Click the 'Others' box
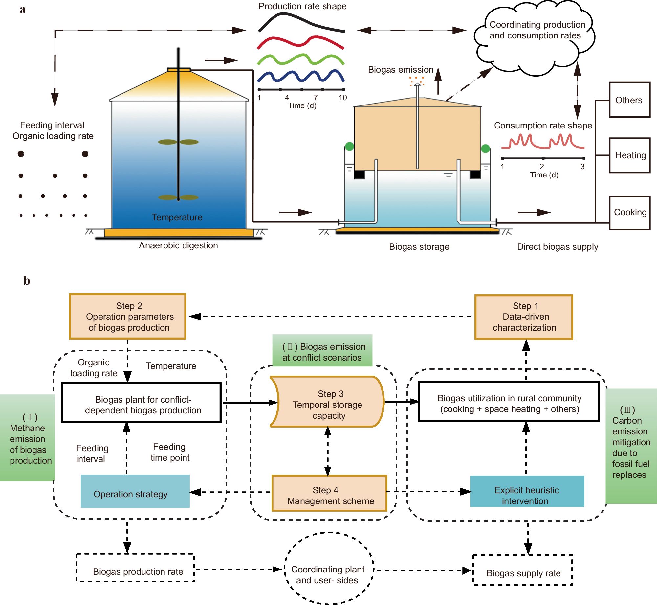[x=629, y=100]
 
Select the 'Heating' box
[x=629, y=155]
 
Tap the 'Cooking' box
[x=629, y=213]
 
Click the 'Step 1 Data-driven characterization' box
[x=524, y=317]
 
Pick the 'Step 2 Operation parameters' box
[x=128, y=316]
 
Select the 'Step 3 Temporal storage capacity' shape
[x=327, y=402]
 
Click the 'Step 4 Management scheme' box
[x=329, y=493]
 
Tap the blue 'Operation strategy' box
[x=135, y=491]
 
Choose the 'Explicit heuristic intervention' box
[x=527, y=491]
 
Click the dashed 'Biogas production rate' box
[x=135, y=568]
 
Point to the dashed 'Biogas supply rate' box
[x=523, y=570]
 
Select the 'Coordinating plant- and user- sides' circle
[x=329, y=568]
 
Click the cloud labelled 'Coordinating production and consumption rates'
[x=535, y=38]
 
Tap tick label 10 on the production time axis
[x=343, y=98]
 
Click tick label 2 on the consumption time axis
[x=542, y=167]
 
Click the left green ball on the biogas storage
[x=349, y=146]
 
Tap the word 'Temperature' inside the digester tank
[x=177, y=217]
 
